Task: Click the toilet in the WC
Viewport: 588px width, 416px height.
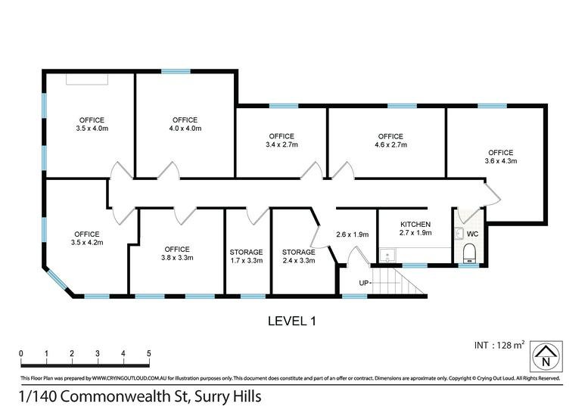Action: click(469, 253)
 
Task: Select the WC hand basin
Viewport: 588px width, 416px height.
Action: click(459, 234)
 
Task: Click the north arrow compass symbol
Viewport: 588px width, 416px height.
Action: click(546, 356)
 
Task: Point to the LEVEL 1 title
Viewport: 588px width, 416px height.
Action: click(292, 321)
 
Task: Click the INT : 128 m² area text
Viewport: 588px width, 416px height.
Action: click(499, 345)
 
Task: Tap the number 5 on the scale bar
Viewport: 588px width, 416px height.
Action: click(149, 353)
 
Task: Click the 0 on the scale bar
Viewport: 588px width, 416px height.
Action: click(21, 353)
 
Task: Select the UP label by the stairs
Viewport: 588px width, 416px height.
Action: click(364, 283)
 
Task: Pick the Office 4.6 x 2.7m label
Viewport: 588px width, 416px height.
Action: click(390, 141)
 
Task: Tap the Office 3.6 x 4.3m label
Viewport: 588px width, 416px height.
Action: click(501, 157)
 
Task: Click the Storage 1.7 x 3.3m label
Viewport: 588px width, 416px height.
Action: click(246, 256)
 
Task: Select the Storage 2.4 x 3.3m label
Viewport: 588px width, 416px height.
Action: click(298, 256)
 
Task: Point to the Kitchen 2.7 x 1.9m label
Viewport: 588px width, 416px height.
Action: click(415, 228)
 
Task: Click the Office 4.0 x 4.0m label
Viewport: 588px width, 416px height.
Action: click(185, 124)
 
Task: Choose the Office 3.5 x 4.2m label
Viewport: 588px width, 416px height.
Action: click(86, 238)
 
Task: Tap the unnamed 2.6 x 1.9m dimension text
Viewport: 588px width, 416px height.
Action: click(353, 234)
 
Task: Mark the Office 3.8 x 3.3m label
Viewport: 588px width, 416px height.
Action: click(177, 253)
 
